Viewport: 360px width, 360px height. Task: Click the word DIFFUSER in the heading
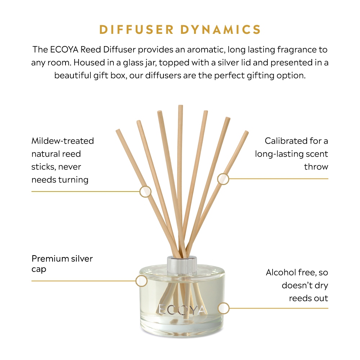[136, 30]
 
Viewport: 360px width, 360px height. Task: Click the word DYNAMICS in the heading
[221, 30]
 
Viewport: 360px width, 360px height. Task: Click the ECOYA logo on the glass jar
[181, 310]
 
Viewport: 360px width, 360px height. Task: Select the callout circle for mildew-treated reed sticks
[145, 192]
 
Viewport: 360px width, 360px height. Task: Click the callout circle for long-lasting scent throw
[223, 179]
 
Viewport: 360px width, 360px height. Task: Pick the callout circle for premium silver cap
[141, 281]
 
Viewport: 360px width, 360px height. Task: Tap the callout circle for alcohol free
[224, 308]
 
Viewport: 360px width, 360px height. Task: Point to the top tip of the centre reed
[180, 105]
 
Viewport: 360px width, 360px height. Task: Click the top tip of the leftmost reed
[118, 130]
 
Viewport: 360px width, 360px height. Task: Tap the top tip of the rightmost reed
[246, 132]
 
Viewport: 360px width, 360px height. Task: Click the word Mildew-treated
[63, 141]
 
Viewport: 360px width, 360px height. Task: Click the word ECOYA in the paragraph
[64, 50]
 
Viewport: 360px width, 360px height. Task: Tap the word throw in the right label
[316, 167]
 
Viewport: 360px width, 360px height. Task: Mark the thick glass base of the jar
[182, 328]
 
